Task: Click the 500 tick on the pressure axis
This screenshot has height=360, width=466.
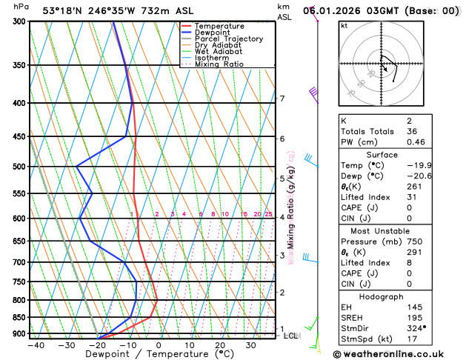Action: [x=19, y=167]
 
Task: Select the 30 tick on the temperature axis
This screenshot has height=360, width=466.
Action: [x=251, y=345]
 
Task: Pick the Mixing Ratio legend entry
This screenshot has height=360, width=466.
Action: [x=219, y=64]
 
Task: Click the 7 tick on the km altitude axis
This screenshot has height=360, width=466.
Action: [x=282, y=99]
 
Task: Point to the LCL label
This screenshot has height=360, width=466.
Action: [x=292, y=336]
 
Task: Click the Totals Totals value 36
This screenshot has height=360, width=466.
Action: [x=411, y=131]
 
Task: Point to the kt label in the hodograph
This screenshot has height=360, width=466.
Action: [x=344, y=25]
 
